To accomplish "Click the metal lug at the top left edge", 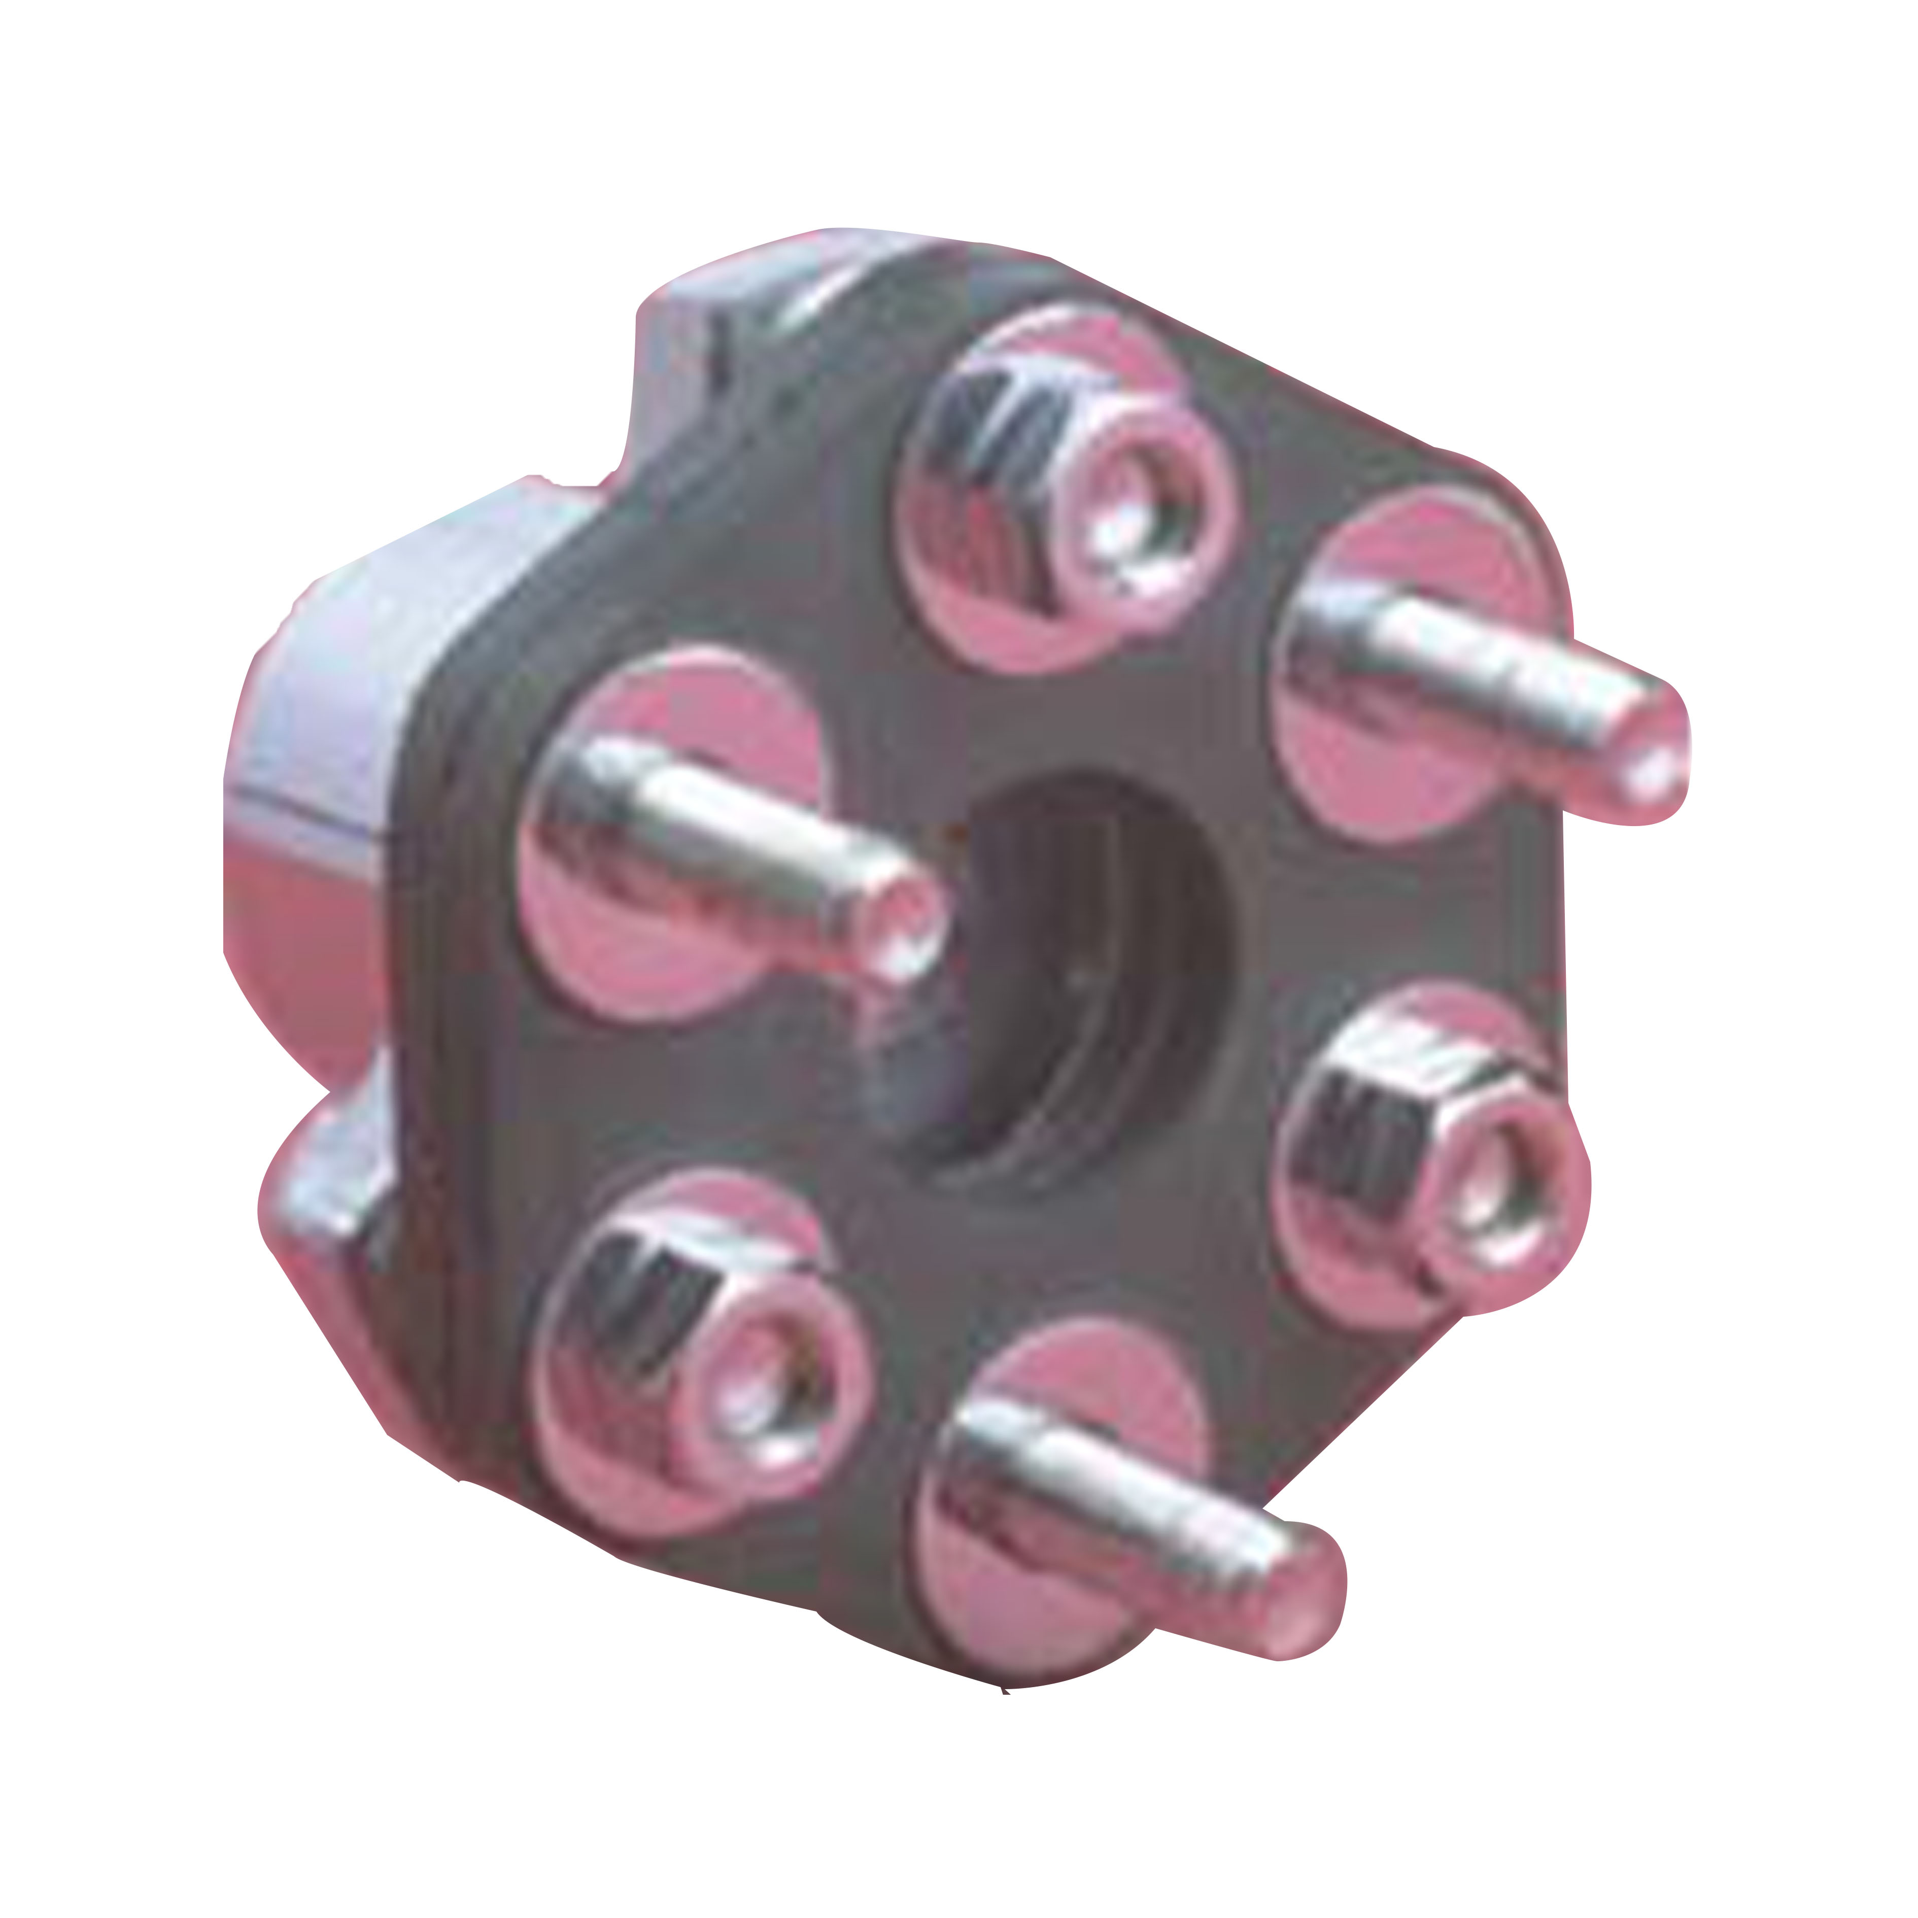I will [x=685, y=337].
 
